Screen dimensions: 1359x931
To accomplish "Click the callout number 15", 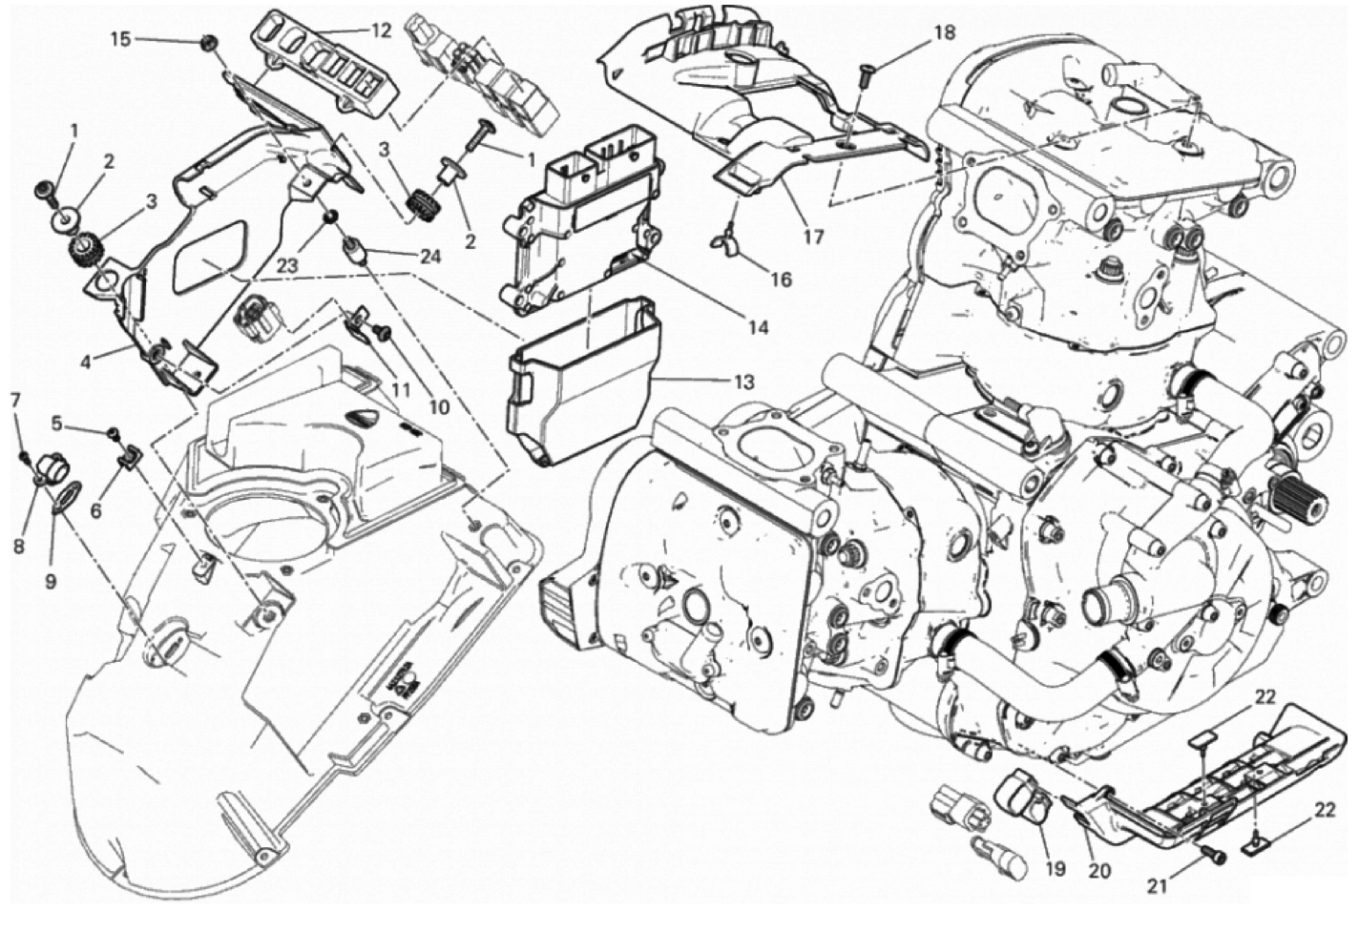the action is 120,39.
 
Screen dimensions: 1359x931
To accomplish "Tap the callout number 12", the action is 381,30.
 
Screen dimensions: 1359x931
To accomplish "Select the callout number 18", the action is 944,32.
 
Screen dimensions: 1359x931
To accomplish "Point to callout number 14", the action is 759,327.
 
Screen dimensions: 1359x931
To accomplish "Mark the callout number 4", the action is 86,362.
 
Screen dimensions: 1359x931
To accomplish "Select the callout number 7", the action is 15,400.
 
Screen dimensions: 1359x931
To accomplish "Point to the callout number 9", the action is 51,582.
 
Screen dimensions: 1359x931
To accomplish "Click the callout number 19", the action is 1056,869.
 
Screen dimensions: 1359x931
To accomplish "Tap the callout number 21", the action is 1157,886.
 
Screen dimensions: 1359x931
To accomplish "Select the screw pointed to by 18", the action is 866,75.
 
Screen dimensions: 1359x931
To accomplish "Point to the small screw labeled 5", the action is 113,432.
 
